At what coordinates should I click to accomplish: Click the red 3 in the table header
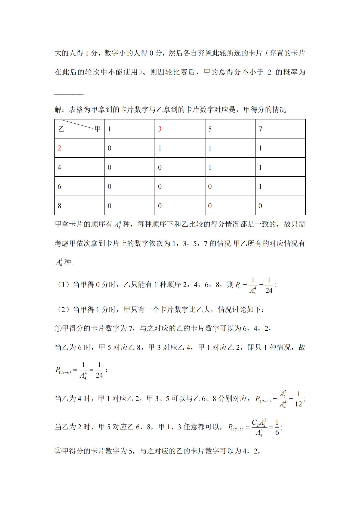pos(160,129)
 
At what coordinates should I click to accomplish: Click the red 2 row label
pos(59,148)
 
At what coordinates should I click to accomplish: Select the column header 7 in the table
pos(260,129)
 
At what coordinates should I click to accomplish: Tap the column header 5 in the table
pos(210,129)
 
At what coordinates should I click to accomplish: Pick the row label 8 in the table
pos(59,206)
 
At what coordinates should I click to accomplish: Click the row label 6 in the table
pos(59,187)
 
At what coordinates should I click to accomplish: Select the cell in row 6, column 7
pos(260,187)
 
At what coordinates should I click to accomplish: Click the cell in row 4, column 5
pos(210,167)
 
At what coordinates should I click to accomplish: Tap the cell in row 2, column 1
pos(109,148)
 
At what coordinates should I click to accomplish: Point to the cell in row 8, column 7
pos(260,206)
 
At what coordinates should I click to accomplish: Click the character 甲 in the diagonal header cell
pos(97,129)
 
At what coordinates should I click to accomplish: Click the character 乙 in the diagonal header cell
pos(61,129)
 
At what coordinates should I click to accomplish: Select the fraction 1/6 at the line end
pos(277,427)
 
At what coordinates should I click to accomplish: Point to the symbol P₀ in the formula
pos(238,285)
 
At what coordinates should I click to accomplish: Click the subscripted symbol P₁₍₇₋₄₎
pos(263,400)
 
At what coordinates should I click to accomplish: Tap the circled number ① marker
pos(58,328)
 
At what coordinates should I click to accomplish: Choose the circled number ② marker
pos(58,451)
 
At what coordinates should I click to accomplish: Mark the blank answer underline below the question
pos(69,95)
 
